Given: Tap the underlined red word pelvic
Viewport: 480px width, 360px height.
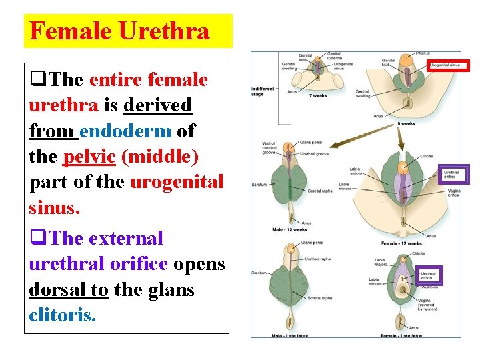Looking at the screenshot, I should click(89, 157).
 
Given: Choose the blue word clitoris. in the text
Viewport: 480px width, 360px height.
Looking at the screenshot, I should click(62, 315).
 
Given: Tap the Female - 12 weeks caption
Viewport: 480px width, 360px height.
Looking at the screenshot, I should click(401, 243).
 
